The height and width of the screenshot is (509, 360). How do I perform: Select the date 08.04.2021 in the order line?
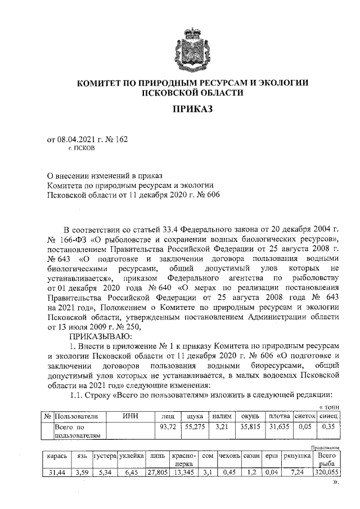pyautogui.click(x=76, y=140)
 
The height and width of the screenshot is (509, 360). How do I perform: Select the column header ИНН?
pyautogui.click(x=130, y=416)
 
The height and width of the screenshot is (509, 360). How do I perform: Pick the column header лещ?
pyautogui.click(x=167, y=416)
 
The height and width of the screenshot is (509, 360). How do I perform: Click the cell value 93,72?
pyautogui.click(x=167, y=427)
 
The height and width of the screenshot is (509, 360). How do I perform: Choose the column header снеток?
pyautogui.click(x=305, y=416)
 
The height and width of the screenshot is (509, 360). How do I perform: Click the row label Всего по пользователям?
pyautogui.click(x=77, y=431)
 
